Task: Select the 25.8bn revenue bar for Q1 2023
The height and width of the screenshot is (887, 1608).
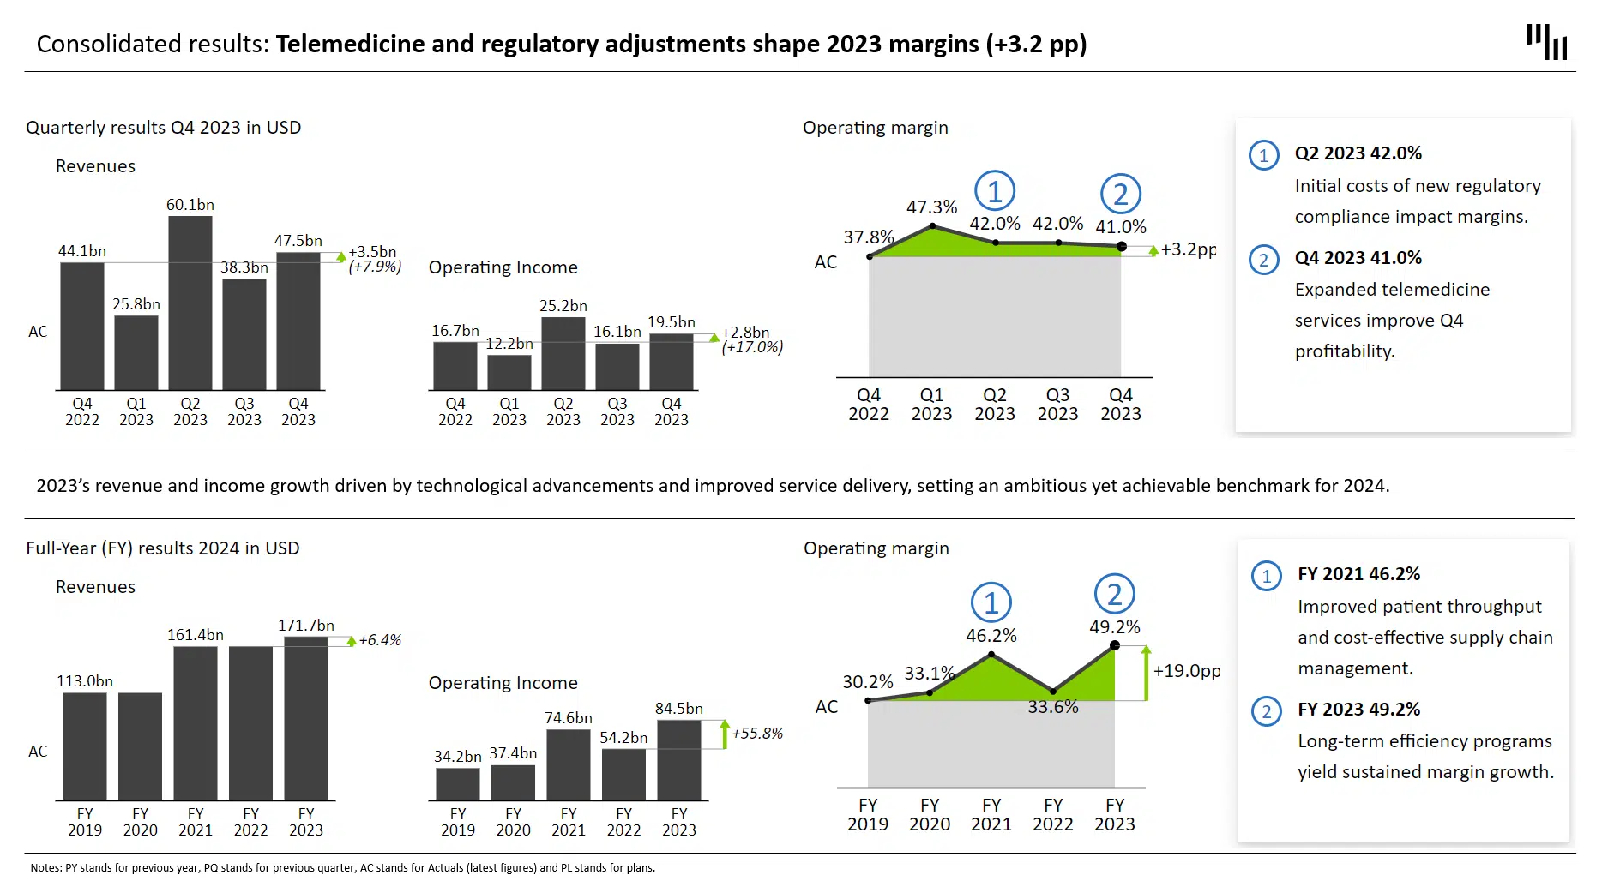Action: [136, 352]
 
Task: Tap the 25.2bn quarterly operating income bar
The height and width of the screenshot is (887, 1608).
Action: [563, 353]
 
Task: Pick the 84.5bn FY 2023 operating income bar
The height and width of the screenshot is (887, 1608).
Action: [679, 760]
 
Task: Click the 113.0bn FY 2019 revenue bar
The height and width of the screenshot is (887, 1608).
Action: [85, 746]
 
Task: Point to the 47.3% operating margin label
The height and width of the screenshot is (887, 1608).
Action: [931, 207]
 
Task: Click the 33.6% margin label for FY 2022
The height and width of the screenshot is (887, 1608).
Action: [1053, 707]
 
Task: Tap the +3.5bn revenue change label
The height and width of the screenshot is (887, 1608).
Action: [373, 252]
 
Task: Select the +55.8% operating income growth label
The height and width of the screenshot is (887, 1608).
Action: [757, 734]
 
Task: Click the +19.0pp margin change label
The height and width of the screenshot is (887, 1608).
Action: [1186, 671]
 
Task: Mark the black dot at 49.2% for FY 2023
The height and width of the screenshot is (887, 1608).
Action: [1115, 645]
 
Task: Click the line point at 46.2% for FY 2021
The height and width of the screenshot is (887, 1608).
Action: [991, 655]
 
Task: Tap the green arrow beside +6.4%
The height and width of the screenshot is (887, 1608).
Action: [352, 641]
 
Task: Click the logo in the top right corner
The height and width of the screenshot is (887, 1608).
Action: [1547, 42]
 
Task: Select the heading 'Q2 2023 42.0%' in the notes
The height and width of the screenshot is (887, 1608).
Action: [1358, 153]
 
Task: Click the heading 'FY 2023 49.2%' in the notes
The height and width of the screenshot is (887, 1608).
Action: [1358, 710]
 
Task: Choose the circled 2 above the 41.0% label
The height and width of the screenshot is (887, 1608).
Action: [1121, 195]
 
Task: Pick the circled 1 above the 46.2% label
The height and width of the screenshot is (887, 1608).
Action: [991, 603]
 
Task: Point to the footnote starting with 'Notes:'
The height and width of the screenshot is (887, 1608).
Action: [343, 868]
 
